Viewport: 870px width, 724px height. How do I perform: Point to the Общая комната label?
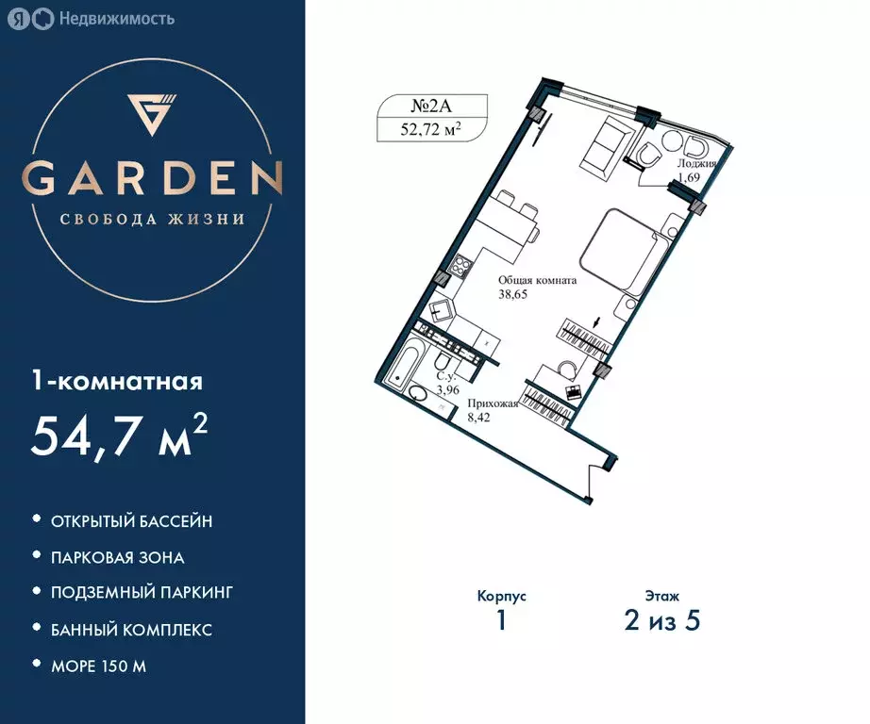[537, 280]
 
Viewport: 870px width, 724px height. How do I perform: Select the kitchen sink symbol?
[441, 310]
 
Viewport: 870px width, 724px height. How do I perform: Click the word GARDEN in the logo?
[152, 178]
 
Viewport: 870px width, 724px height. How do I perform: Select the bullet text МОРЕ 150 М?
[99, 666]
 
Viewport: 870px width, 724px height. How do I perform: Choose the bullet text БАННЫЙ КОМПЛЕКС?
[132, 629]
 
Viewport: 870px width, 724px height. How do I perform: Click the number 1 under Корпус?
[501, 621]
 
